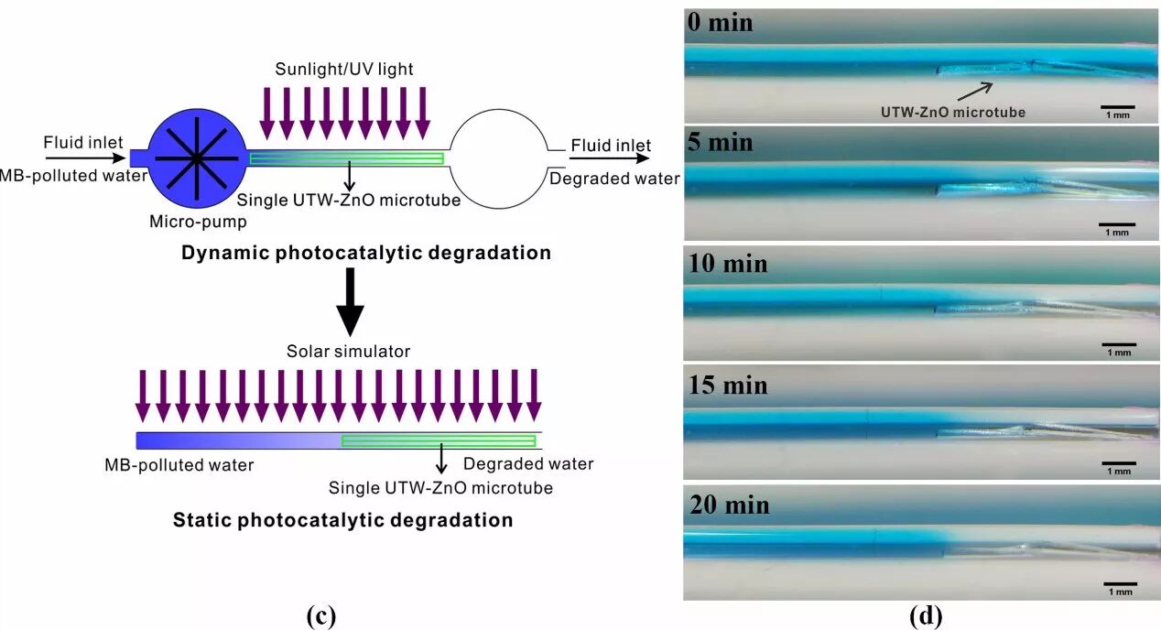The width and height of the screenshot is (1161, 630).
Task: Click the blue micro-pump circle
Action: click(196, 157)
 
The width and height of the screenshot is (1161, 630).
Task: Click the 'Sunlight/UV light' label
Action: click(342, 70)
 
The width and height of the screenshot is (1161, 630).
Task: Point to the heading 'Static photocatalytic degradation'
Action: click(342, 520)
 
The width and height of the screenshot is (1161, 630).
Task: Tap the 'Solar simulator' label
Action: click(348, 352)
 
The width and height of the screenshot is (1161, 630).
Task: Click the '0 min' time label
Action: click(720, 22)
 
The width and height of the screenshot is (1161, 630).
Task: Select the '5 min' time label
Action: click(720, 143)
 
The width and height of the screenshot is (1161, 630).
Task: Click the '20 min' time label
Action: click(727, 505)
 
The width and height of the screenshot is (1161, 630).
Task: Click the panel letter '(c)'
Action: click(320, 616)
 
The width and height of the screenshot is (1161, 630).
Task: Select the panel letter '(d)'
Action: click(925, 616)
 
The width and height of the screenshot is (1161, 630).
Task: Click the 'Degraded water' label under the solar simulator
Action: click(528, 464)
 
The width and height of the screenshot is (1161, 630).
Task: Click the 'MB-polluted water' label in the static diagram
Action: click(179, 465)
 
